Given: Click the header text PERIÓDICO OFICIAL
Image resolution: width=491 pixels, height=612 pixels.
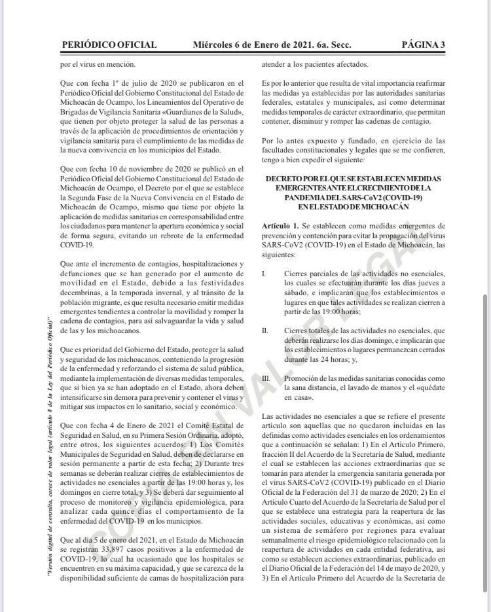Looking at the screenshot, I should (x=109, y=45).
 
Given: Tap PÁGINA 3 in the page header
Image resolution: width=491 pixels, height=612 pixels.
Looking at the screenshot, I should (x=423, y=45).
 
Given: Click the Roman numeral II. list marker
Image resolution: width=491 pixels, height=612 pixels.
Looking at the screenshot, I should (x=264, y=331).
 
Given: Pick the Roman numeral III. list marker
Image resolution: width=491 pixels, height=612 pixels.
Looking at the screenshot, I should (x=266, y=378).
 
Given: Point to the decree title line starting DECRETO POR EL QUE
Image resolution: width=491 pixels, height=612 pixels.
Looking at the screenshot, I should (x=353, y=179).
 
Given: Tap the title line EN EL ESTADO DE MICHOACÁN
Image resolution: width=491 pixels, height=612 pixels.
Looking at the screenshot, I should (x=353, y=207).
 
